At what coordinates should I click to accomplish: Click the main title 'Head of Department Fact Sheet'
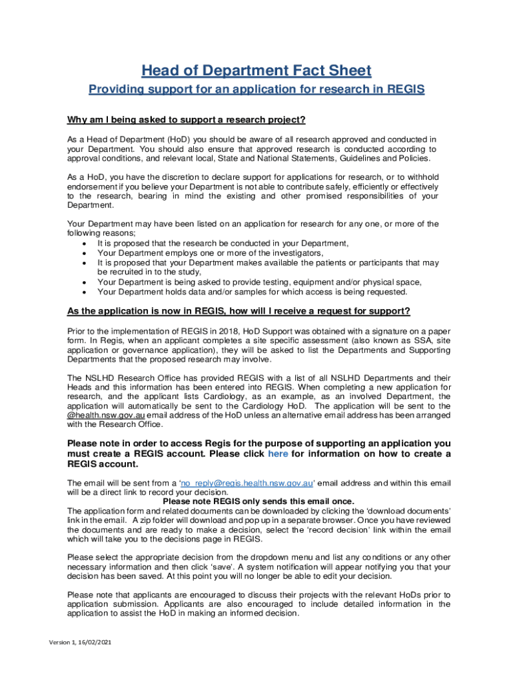coord(256,71)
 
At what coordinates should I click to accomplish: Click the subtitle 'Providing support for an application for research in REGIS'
coord(256,90)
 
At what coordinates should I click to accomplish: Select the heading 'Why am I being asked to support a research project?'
coord(186,120)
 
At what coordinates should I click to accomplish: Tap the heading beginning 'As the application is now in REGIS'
coord(239,312)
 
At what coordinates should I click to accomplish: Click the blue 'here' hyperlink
coord(278,454)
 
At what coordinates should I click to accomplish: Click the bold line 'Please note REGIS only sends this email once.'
coord(258,502)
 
